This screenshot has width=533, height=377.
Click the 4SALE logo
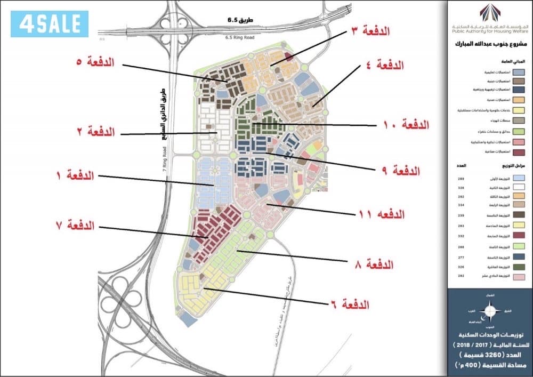[49, 23]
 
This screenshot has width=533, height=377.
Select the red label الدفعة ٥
[96, 62]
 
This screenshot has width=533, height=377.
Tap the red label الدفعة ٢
[96, 131]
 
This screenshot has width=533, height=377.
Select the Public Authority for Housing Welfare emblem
[490, 11]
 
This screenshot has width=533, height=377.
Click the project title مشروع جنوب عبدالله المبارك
[490, 45]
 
